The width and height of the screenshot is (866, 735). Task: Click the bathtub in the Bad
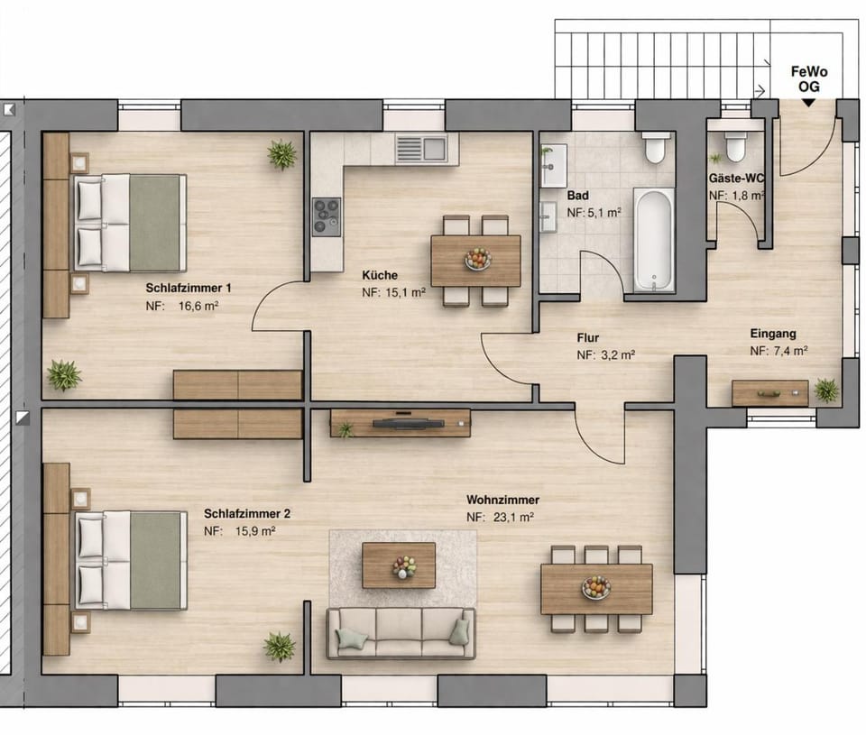tap(654, 240)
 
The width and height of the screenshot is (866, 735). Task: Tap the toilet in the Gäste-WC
tap(735, 145)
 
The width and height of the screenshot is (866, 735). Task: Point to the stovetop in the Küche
tap(326, 216)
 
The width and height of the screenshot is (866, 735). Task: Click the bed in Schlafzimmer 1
tap(130, 223)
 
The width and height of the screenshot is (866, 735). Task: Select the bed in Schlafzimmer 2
tap(132, 559)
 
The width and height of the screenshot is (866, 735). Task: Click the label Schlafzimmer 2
tap(247, 513)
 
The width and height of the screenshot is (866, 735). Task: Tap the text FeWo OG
tap(807, 78)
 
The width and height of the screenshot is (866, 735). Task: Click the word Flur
tap(588, 338)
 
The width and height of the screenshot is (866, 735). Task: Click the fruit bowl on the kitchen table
tap(477, 260)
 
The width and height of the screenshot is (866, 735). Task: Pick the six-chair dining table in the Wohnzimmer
tap(595, 589)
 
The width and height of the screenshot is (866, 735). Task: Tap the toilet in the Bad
tap(656, 146)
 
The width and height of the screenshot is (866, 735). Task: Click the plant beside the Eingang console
tap(825, 390)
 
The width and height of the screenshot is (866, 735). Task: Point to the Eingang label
tap(772, 333)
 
